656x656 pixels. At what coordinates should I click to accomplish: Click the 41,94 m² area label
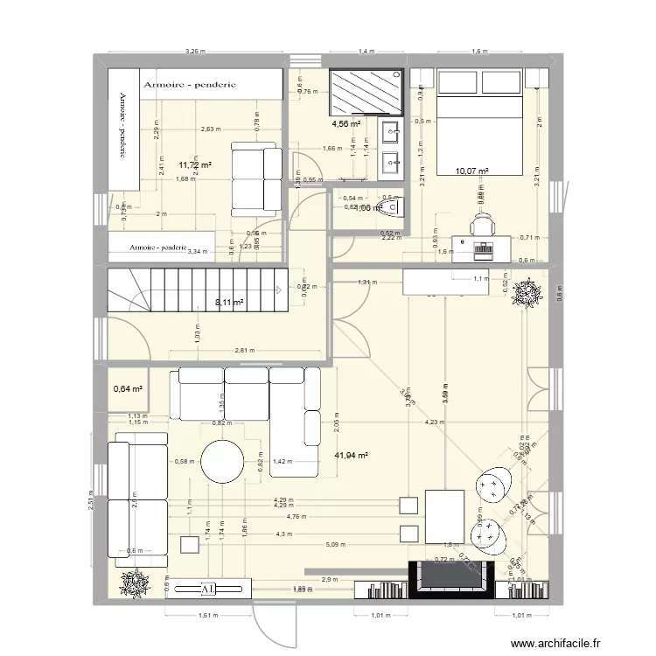[352, 456]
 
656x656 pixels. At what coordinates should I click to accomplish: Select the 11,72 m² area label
[195, 164]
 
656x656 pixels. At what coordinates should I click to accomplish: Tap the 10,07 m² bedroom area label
[471, 172]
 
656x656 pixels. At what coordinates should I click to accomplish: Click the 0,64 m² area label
[128, 390]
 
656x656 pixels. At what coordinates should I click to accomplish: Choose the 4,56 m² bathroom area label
[346, 124]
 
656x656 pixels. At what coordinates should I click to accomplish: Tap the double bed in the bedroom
[479, 122]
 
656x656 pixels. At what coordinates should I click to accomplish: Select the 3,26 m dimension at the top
[195, 52]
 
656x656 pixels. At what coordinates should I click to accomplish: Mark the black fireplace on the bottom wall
[451, 578]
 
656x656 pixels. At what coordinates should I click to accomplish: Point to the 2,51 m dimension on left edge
[89, 503]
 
